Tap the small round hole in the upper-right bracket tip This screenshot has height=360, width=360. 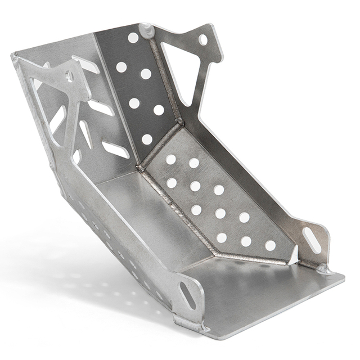tap(202, 40)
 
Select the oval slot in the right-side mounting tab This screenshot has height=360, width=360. tap(312, 240)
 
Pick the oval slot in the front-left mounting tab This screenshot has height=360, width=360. tap(188, 295)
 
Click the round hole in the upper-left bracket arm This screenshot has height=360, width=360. tap(69, 76)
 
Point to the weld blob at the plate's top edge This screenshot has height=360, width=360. tap(146, 29)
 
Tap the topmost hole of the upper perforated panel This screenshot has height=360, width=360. tap(133, 38)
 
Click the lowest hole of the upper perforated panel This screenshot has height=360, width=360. tap(147, 139)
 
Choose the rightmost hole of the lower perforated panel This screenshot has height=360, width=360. tap(271, 245)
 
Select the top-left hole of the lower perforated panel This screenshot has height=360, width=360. tap(170, 159)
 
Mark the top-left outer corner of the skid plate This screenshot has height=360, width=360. tap(12, 55)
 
